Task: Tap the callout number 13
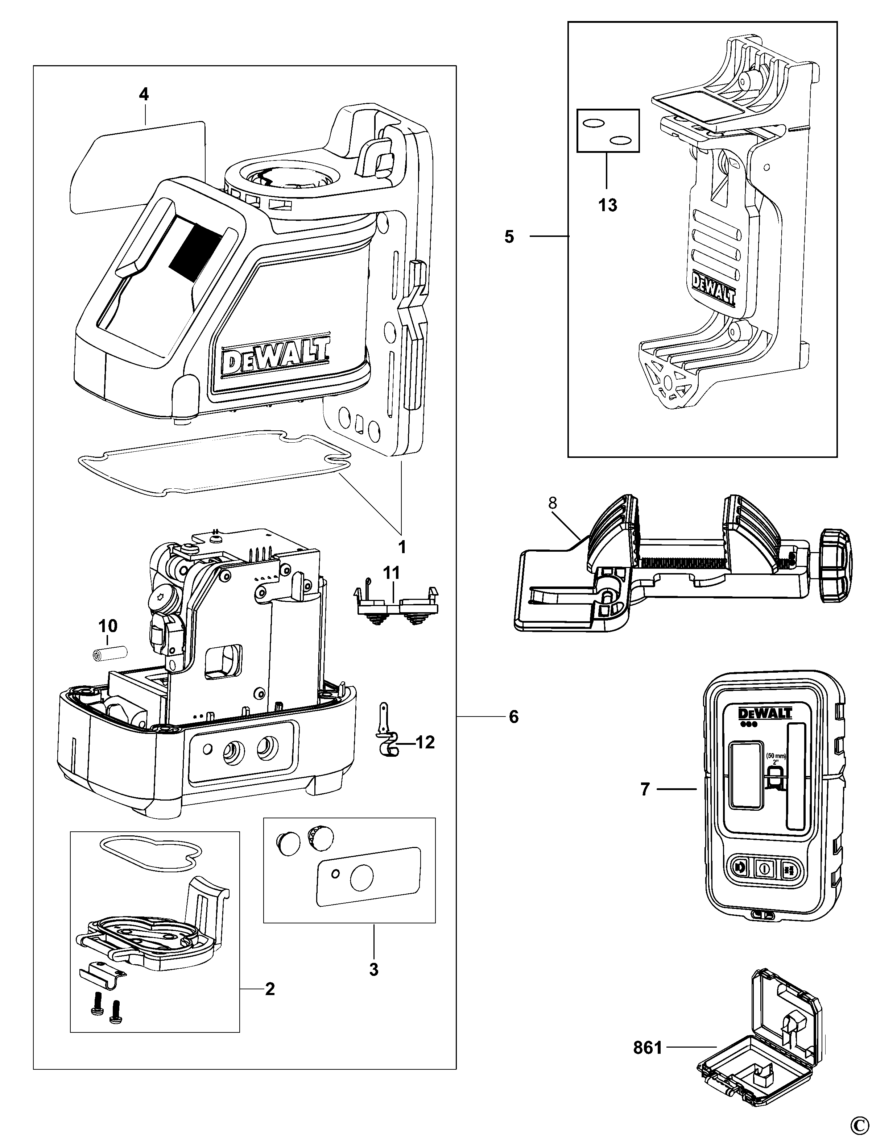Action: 607,205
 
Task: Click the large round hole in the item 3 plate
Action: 362,877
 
